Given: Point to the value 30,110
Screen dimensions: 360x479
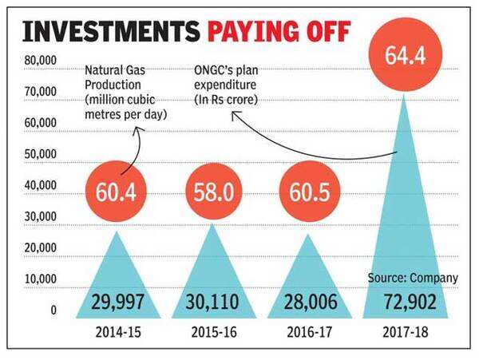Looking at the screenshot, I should coord(212,303).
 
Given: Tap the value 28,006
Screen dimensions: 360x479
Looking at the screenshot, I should coord(307,303).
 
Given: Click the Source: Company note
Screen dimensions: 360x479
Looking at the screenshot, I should coord(413,278).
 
